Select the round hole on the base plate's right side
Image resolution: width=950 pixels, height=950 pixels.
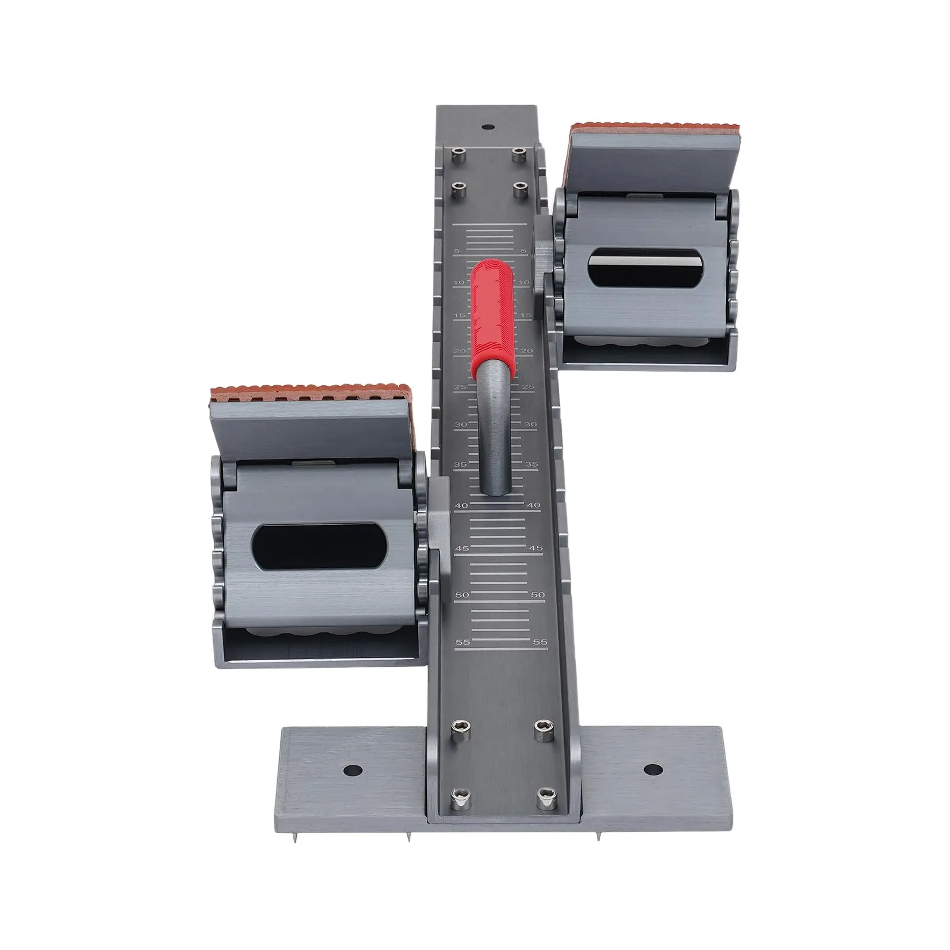[653, 769]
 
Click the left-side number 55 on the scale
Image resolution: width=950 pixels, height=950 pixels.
[462, 642]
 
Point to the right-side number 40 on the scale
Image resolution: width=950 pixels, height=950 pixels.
[533, 505]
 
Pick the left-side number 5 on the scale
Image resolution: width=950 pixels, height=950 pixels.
[456, 251]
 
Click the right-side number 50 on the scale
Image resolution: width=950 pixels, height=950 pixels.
[537, 594]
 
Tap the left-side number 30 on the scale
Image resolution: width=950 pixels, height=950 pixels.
[460, 425]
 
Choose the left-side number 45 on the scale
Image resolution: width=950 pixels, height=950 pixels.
[461, 549]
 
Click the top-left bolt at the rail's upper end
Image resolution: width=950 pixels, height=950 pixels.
[457, 154]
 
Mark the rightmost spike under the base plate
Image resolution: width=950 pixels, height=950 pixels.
[598, 836]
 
